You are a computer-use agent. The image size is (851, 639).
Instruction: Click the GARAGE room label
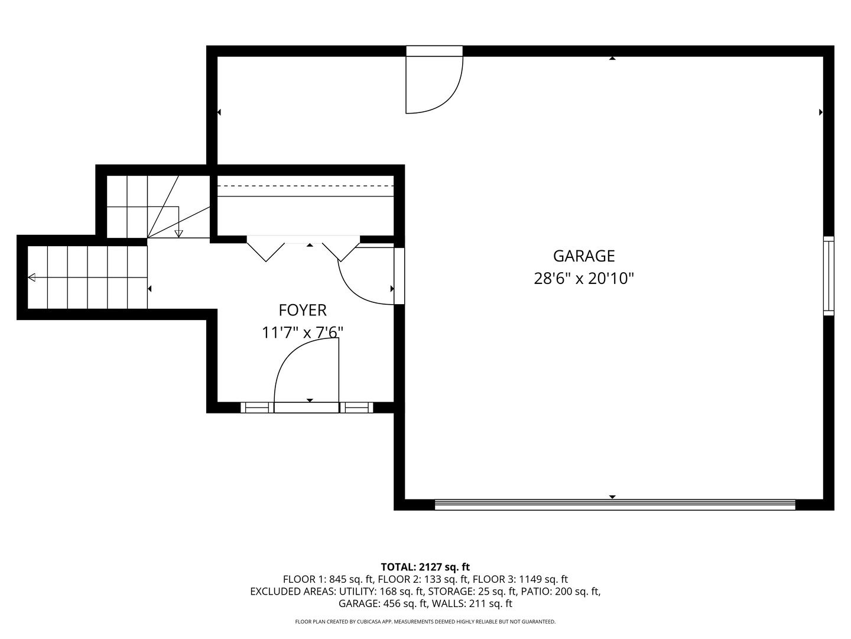pos(583,256)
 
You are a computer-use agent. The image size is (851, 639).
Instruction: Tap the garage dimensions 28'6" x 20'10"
pos(583,279)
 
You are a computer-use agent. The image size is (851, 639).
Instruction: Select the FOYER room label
pos(303,311)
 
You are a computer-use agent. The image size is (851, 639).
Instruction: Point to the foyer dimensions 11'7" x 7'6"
pos(303,333)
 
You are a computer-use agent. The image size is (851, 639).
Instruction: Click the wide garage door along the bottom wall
pos(615,504)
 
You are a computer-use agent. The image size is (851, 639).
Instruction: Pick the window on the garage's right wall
pos(829,276)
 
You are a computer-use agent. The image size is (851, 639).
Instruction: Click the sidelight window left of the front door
pos(257,408)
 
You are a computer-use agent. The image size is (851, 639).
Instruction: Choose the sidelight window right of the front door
pos(356,408)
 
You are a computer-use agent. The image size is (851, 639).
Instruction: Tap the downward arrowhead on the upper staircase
pos(178,234)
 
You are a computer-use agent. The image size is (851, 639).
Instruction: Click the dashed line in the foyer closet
pos(306,186)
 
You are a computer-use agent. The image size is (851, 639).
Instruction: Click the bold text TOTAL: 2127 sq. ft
pos(425,567)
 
